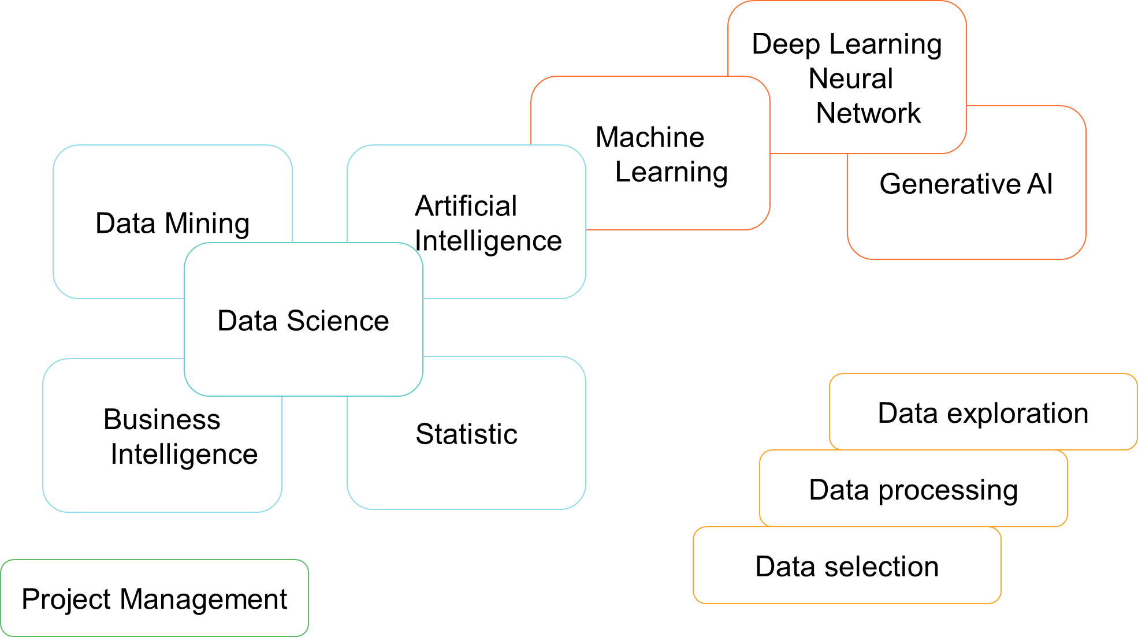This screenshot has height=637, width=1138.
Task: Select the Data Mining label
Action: (172, 223)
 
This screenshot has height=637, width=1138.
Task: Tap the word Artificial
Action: (466, 206)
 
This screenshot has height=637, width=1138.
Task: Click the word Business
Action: (162, 419)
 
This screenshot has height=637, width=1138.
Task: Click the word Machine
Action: (650, 137)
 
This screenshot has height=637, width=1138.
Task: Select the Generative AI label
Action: (966, 184)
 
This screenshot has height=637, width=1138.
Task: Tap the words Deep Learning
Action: (847, 44)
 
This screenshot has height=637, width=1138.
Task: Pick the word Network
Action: (868, 113)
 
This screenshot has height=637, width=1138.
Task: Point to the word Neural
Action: (850, 79)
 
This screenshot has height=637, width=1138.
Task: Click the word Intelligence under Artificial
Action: (488, 241)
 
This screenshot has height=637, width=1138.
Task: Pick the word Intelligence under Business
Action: (184, 455)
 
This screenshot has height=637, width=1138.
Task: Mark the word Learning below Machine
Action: (671, 172)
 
